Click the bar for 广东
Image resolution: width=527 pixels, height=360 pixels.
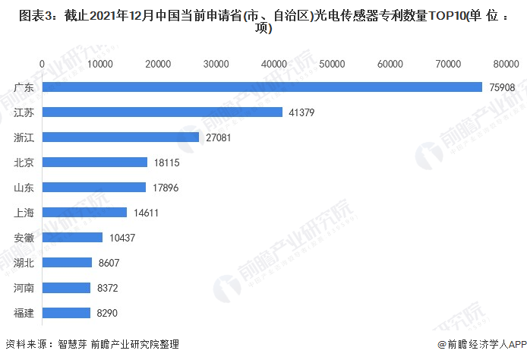pos(262,87)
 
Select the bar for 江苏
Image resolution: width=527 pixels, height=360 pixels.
pos(163,112)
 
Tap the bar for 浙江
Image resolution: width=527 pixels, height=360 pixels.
pos(121,137)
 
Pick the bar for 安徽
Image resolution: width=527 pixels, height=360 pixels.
pos(72,238)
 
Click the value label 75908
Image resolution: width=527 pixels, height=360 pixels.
pos(502,87)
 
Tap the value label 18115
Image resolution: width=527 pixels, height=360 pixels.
pos(166,163)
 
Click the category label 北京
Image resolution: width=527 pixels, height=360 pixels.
pos(24,163)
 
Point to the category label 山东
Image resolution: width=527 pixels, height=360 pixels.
pos(24,188)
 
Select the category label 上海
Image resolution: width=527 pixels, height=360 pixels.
pos(24,213)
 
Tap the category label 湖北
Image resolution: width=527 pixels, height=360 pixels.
pos(24,263)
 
